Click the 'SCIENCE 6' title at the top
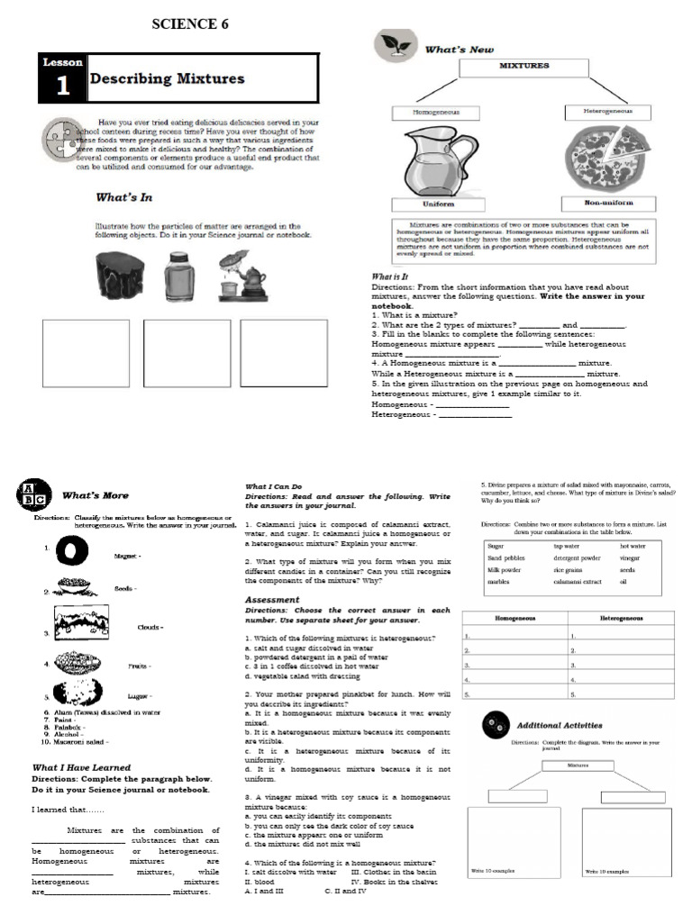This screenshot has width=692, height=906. tap(184, 24)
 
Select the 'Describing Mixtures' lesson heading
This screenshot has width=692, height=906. tap(167, 78)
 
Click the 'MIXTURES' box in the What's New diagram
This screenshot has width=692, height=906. tap(524, 66)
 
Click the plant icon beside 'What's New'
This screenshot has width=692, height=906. tap(393, 45)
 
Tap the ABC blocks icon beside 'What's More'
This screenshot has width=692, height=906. tap(32, 494)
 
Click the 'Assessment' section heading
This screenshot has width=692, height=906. tap(272, 599)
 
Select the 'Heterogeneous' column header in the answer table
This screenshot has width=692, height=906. tap(621, 619)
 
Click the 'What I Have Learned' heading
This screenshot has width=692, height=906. tap(81, 767)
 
